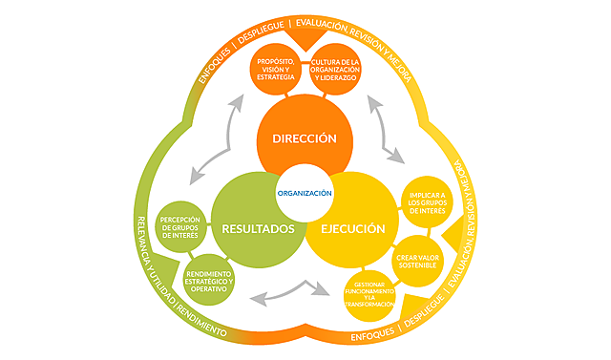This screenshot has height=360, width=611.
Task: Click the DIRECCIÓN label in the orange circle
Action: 305,138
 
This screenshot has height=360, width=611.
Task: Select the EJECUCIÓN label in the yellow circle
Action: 352,229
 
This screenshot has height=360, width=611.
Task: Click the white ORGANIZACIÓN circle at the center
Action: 305,193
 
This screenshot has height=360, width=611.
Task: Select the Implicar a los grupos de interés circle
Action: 426,203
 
